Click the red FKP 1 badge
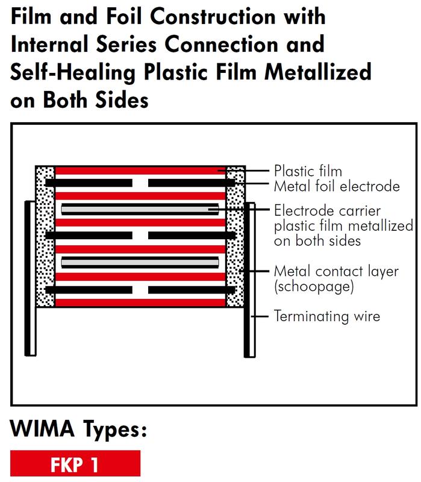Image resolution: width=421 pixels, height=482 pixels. (x=75, y=463)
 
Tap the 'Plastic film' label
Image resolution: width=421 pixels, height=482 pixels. (x=308, y=171)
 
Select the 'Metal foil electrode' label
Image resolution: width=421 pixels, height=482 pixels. (x=337, y=186)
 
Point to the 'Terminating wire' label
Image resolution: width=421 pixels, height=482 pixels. (x=327, y=316)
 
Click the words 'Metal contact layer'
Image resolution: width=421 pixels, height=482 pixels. (x=336, y=272)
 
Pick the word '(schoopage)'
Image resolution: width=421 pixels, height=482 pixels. (x=314, y=287)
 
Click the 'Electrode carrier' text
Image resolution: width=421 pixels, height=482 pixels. (x=327, y=211)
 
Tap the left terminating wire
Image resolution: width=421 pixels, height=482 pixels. (x=31, y=278)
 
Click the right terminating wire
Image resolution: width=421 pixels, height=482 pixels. (x=249, y=280)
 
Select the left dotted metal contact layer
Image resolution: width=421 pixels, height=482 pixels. (x=45, y=236)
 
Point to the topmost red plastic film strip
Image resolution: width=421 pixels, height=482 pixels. (x=140, y=171)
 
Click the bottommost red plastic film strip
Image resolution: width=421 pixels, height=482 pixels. (x=140, y=302)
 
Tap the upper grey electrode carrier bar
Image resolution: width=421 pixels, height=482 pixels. (x=140, y=210)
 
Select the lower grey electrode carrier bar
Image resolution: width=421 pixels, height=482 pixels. (x=140, y=263)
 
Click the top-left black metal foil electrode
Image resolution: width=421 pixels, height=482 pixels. (x=89, y=183)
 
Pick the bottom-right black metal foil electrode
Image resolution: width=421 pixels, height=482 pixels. (x=192, y=290)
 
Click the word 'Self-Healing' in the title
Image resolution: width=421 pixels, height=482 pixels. (x=73, y=72)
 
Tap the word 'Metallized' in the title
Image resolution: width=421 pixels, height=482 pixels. (x=318, y=72)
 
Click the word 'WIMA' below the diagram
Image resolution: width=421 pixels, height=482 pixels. (x=42, y=428)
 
